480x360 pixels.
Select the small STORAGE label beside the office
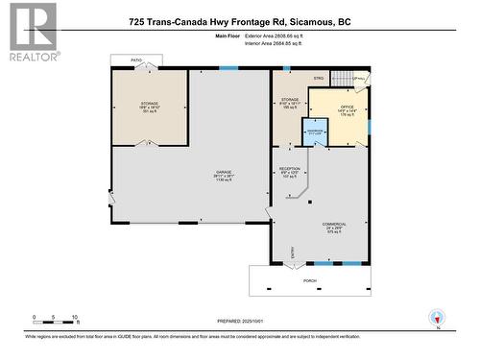pyautogui.click(x=290, y=100)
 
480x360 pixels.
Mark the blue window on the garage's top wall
pyautogui.click(x=228, y=67)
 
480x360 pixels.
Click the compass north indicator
pyautogui.click(x=440, y=318)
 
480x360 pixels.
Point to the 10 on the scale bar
pyautogui.click(x=75, y=316)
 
